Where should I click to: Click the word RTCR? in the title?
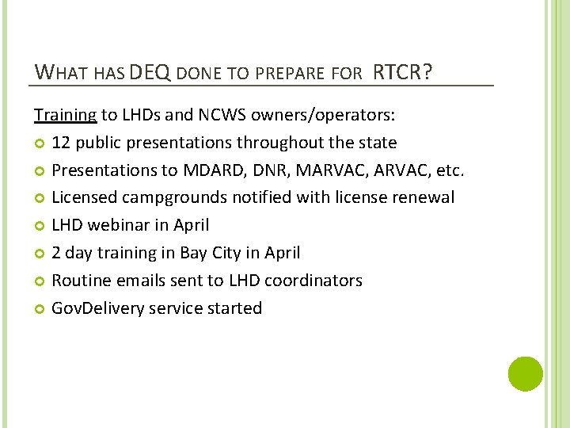402,72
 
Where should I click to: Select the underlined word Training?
65,115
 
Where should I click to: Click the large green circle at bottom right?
525,373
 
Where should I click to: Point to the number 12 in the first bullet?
61,143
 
